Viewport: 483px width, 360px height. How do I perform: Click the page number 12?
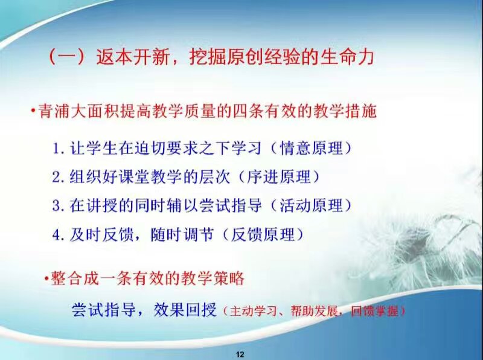click(x=240, y=354)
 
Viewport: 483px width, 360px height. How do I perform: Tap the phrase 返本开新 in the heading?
click(x=132, y=57)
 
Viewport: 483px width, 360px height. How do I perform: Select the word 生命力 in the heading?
click(x=347, y=57)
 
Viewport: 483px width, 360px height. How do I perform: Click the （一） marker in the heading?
click(x=66, y=57)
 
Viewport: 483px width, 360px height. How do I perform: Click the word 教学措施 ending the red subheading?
click(x=345, y=111)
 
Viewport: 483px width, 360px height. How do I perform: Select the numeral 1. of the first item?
click(x=59, y=149)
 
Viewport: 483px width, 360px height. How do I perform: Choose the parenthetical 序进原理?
click(x=279, y=177)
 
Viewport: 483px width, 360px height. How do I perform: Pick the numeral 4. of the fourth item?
click(x=59, y=235)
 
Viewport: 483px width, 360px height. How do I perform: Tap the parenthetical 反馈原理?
click(x=263, y=234)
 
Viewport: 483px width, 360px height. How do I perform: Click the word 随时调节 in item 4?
click(x=182, y=234)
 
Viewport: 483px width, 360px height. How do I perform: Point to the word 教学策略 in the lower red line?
click(x=213, y=278)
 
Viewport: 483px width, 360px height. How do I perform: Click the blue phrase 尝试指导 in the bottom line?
click(x=103, y=309)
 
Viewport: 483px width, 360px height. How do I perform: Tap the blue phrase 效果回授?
click(x=185, y=309)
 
